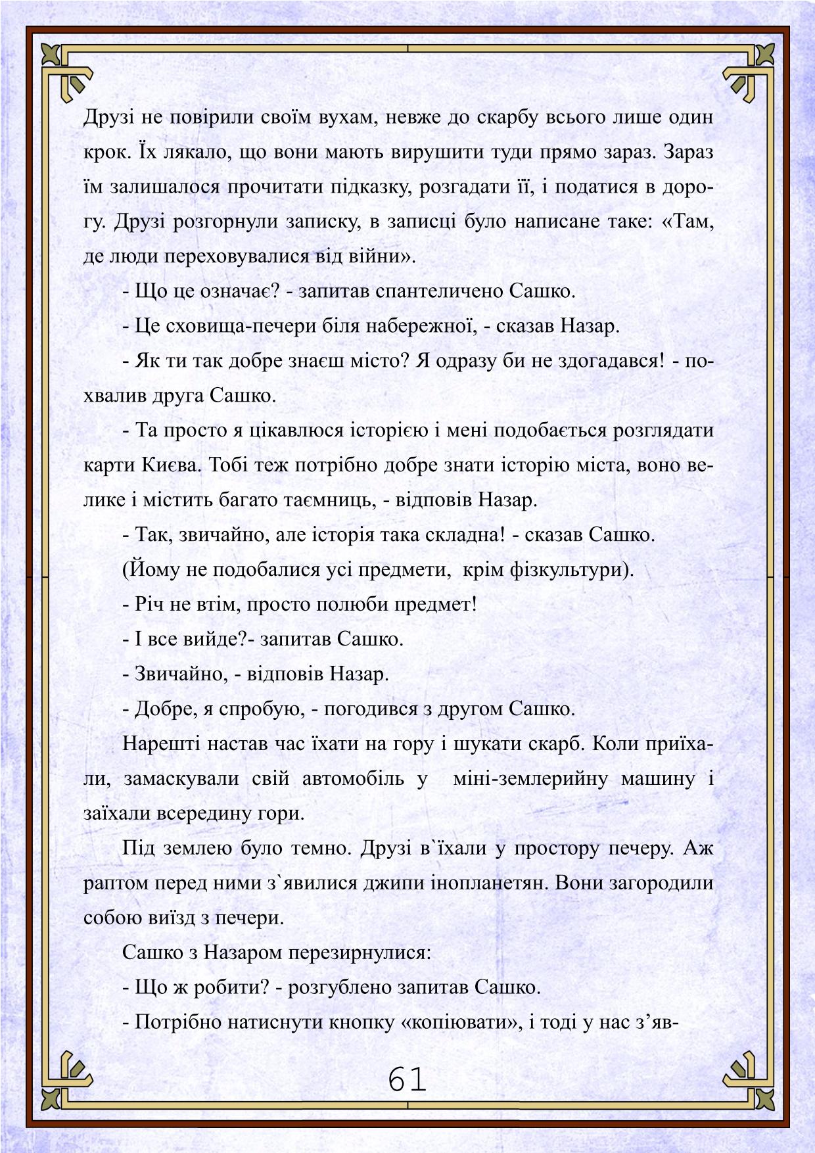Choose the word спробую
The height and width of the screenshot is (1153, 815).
coord(262,709)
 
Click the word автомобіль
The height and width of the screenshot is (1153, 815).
coord(353,779)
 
